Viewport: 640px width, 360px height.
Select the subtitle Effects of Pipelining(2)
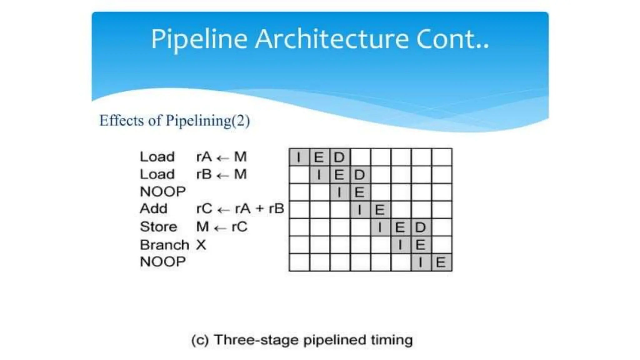pos(174,121)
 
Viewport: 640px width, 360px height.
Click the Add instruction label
pos(153,208)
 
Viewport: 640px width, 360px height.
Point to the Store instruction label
pos(158,227)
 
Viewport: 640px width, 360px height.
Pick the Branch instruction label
pos(164,245)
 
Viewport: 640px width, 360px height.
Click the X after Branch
pos(201,245)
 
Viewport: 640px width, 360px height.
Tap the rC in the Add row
pos(204,208)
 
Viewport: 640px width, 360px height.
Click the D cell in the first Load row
pos(339,157)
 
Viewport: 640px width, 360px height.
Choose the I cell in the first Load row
pos(299,157)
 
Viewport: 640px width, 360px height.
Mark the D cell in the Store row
pos(421,227)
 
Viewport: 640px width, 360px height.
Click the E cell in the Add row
pos(380,210)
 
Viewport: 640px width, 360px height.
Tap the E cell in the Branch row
pos(421,245)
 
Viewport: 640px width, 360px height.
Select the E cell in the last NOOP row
pos(441,262)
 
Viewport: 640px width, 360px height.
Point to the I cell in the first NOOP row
pos(339,192)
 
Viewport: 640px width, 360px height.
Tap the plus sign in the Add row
pos(260,209)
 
